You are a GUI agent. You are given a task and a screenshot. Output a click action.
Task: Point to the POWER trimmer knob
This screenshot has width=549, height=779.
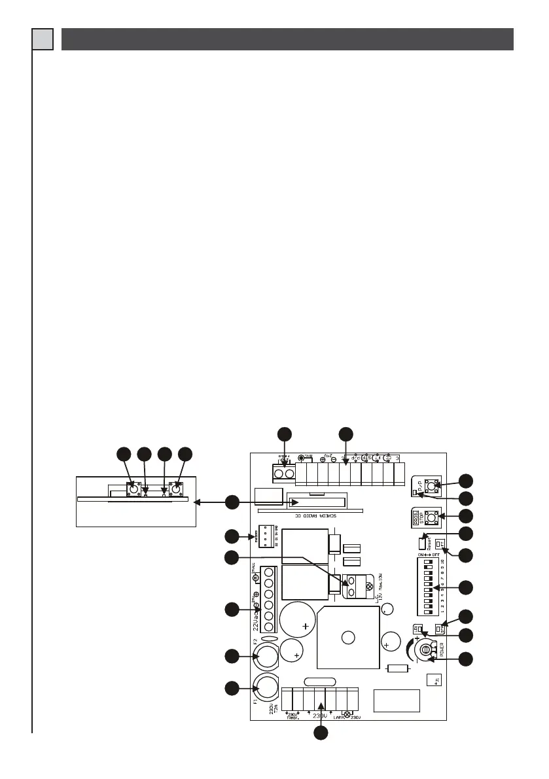click(x=426, y=650)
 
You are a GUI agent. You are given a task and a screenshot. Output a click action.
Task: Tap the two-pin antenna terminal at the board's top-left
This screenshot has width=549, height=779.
click(x=284, y=473)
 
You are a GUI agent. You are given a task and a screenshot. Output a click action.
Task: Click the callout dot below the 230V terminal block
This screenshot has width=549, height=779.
click(x=320, y=733)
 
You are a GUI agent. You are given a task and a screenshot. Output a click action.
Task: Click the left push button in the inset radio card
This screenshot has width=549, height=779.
click(x=134, y=489)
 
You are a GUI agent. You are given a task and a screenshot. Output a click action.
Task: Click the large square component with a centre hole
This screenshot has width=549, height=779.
click(x=348, y=638)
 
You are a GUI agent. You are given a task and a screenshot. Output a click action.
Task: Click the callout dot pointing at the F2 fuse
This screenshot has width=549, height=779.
click(x=232, y=655)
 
